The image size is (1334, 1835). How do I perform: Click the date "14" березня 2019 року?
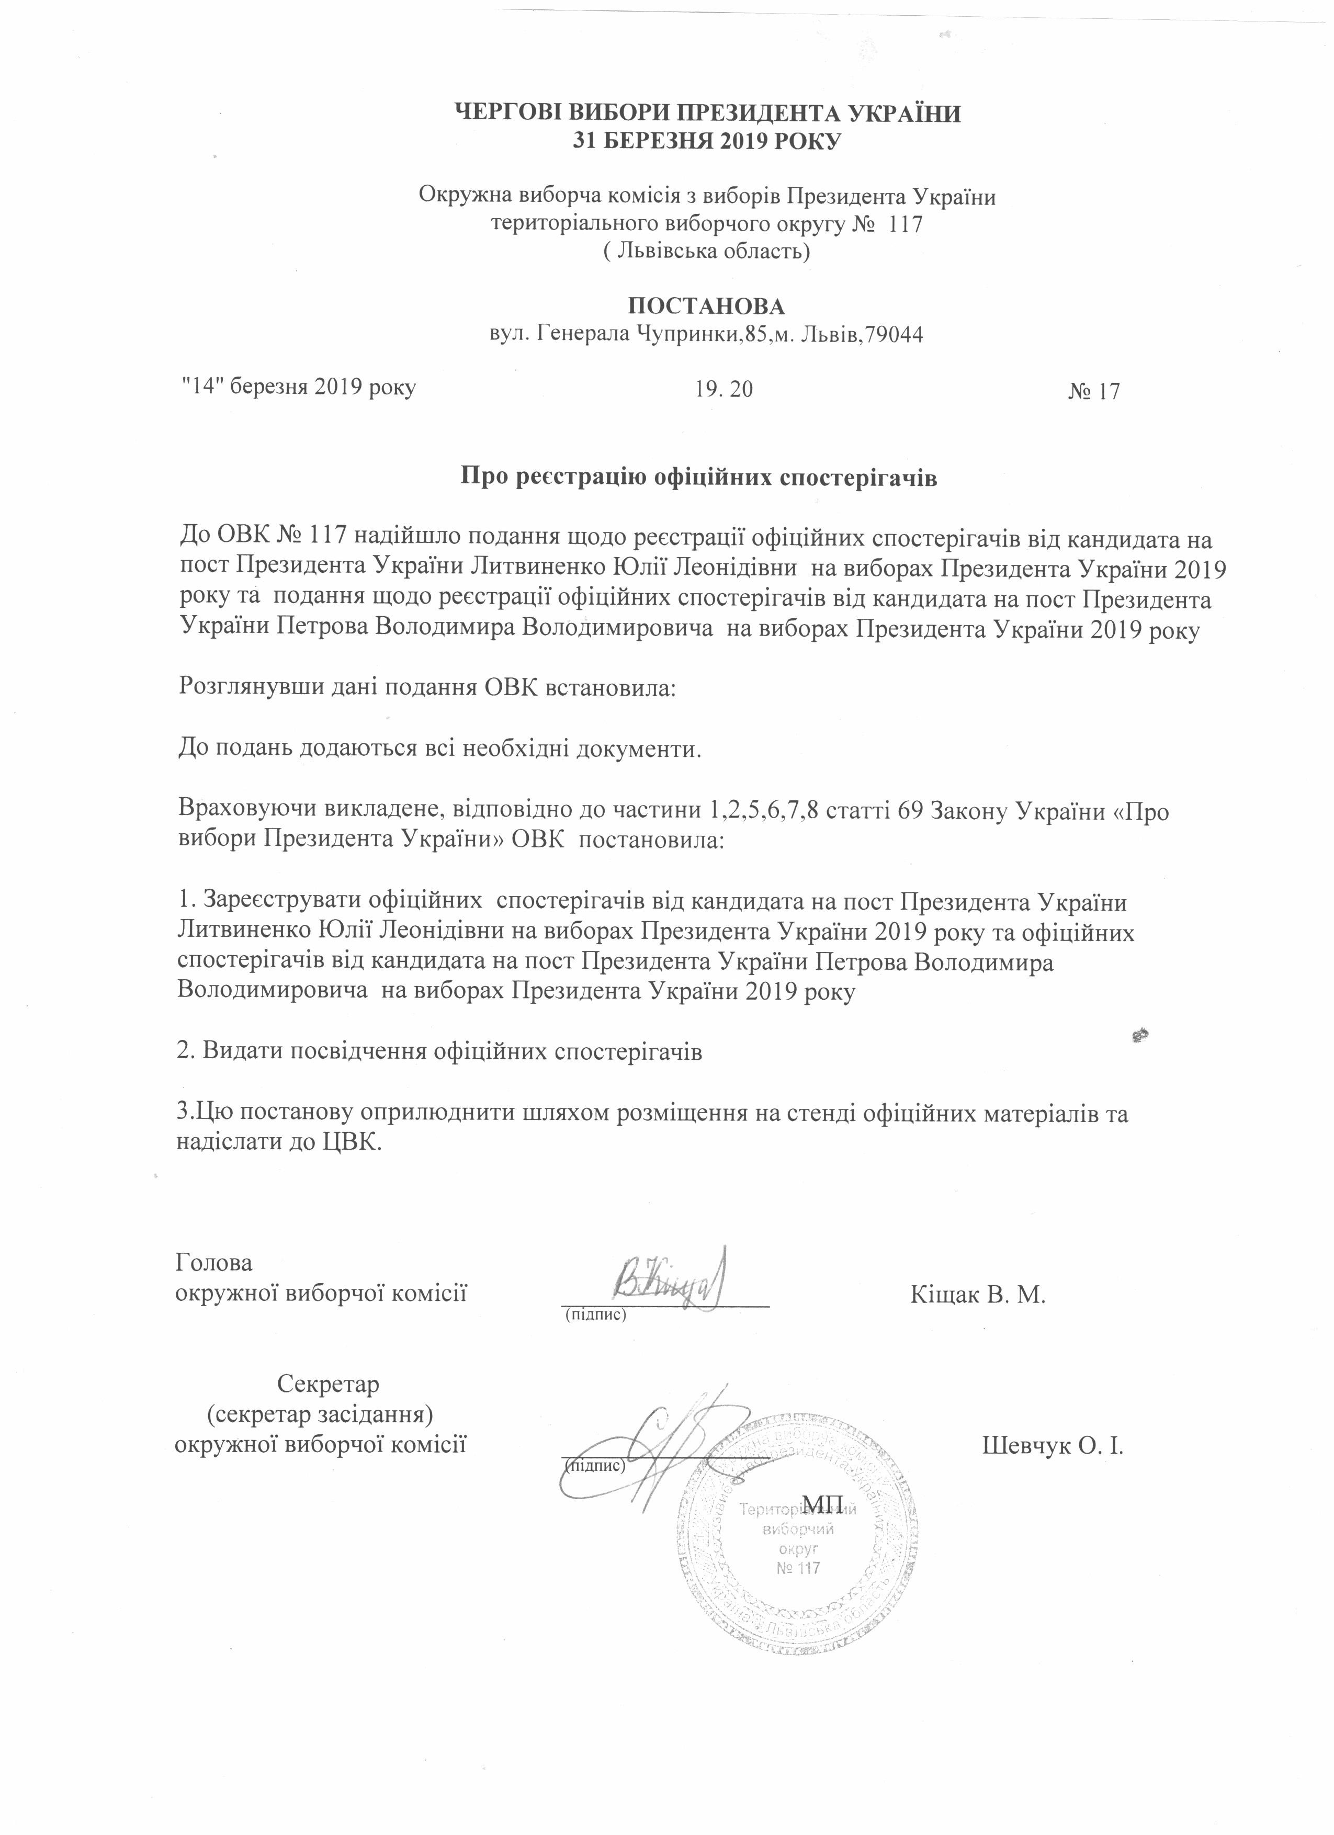pyautogui.click(x=297, y=388)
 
